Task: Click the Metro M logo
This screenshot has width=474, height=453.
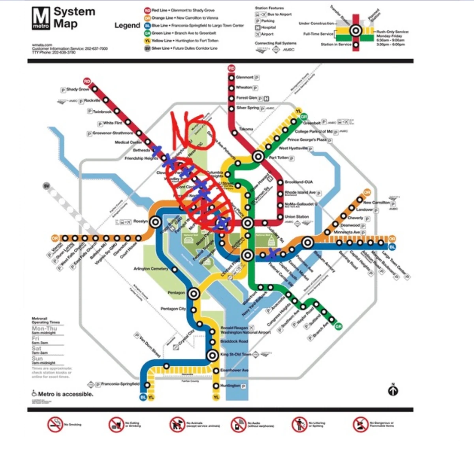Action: point(41,18)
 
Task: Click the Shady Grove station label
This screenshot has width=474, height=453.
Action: point(77,89)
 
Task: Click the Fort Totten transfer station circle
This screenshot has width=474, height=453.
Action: point(258,157)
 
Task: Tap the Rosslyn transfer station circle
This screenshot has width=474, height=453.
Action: point(155,222)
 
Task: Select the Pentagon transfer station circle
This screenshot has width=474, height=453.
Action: point(193,294)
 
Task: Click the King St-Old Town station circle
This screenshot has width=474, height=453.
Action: point(213,355)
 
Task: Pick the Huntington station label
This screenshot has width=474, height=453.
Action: point(230,385)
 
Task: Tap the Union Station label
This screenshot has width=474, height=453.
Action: point(297,217)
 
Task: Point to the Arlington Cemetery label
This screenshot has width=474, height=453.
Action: point(150,269)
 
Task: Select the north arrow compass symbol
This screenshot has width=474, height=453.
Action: point(393,391)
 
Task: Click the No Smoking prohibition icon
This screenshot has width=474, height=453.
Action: point(55,425)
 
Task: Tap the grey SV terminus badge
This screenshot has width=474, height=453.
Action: point(47,186)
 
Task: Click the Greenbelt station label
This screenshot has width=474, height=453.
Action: point(312,123)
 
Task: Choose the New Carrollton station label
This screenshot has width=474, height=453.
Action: point(376,202)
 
